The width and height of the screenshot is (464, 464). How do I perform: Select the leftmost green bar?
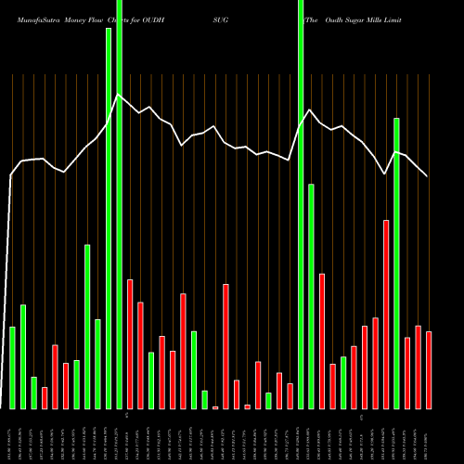pyautogui.click(x=12, y=367)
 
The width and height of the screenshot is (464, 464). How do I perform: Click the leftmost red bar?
pyautogui.click(x=45, y=397)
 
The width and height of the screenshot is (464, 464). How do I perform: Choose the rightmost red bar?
pyautogui.click(x=429, y=370)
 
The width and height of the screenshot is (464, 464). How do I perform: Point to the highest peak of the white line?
pyautogui.click(x=117, y=95)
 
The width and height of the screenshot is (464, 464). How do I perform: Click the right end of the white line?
pyautogui.click(x=428, y=175)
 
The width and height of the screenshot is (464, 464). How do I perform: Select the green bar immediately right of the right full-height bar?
pyautogui.click(x=311, y=296)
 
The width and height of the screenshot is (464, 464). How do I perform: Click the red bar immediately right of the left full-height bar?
pyautogui.click(x=130, y=343)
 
